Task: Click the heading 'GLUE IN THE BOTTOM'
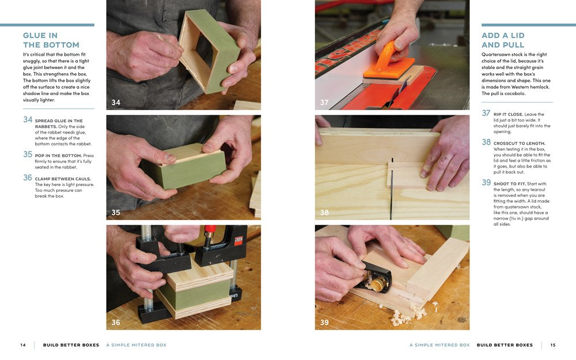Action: point(51,40)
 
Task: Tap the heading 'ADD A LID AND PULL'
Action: point(503,40)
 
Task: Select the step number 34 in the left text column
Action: point(28,120)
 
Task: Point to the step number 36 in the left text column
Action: point(28,177)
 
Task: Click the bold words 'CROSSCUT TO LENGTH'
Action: point(519,143)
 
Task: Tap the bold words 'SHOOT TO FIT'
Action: point(511,184)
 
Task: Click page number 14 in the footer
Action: point(23,345)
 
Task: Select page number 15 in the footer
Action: point(553,345)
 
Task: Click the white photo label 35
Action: point(116,213)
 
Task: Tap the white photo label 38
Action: point(324,213)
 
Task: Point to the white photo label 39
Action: point(324,323)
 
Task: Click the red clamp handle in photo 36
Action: point(210,229)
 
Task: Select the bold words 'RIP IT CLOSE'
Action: point(509,114)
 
